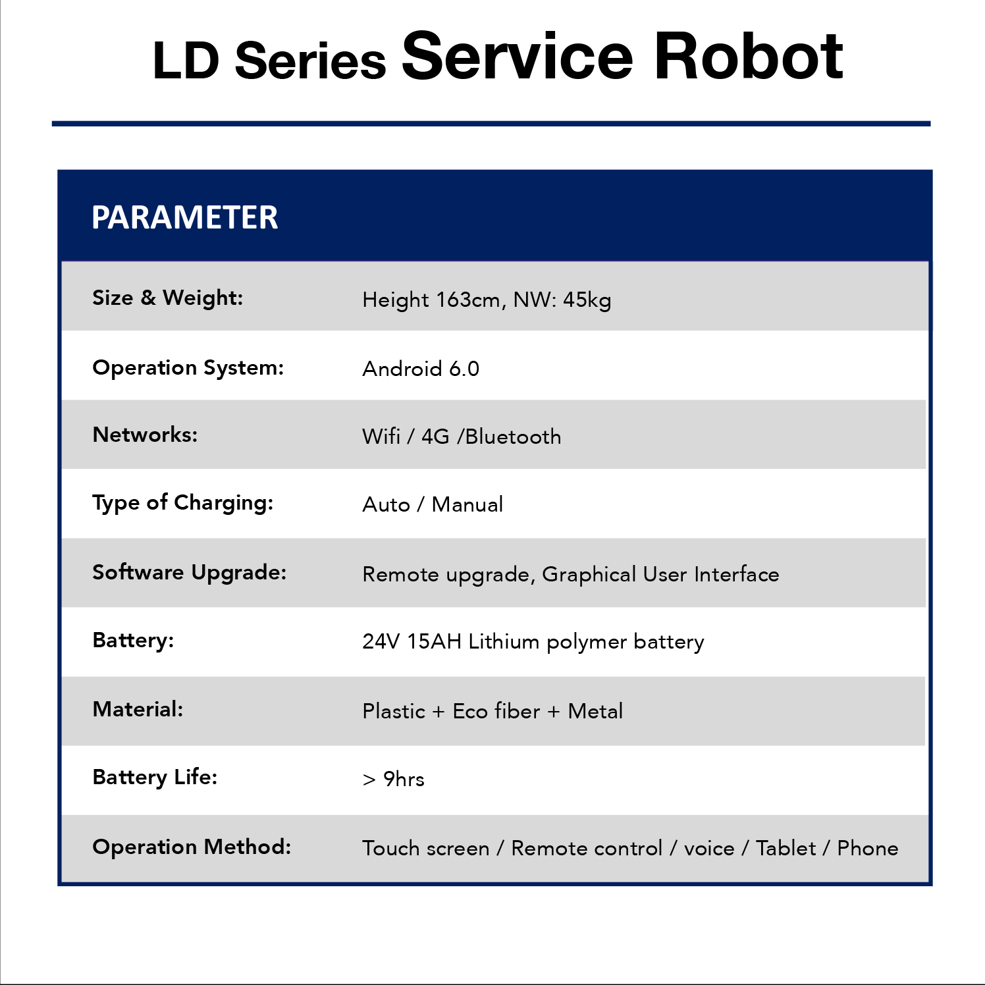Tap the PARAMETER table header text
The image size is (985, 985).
point(184,217)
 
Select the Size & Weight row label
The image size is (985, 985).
point(168,298)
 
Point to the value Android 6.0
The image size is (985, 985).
point(421,369)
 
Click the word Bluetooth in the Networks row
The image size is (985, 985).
point(513,437)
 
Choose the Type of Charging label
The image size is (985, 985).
point(182,503)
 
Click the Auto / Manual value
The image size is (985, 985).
point(433,504)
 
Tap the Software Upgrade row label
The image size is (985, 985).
point(190,572)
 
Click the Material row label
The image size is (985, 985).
point(138,709)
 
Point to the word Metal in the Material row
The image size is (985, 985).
point(595,711)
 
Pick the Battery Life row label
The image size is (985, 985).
point(155,778)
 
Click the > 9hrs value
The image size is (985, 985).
point(394,779)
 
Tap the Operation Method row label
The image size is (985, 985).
point(192,847)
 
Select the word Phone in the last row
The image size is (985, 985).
point(868,848)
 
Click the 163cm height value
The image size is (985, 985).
point(471,300)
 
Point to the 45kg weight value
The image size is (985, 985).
point(587,300)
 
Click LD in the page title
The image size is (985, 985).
point(186,61)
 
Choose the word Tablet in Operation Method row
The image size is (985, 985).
point(785,848)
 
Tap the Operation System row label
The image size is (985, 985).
point(188,367)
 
